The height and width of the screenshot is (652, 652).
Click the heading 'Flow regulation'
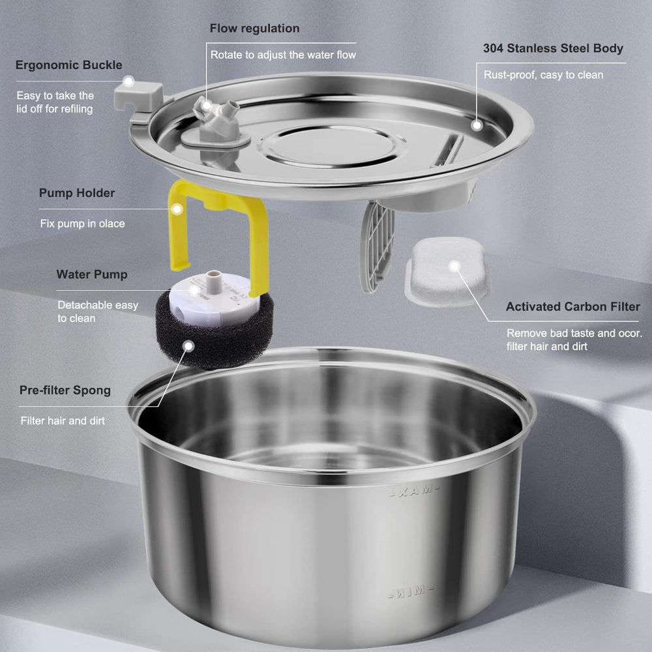click(254, 29)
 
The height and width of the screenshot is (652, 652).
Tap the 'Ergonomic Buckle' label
click(69, 65)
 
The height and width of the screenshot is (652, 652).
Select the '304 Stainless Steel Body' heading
click(553, 48)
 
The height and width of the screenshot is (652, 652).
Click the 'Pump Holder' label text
click(76, 193)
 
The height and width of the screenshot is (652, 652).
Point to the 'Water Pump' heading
click(91, 274)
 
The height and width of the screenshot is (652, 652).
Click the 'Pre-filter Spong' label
click(65, 391)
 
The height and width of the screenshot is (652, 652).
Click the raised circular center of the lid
click(333, 145)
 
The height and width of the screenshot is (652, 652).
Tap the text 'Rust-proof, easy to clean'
click(543, 75)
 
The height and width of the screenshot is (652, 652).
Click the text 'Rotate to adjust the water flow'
click(283, 55)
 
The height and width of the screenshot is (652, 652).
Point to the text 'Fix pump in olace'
click(82, 224)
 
